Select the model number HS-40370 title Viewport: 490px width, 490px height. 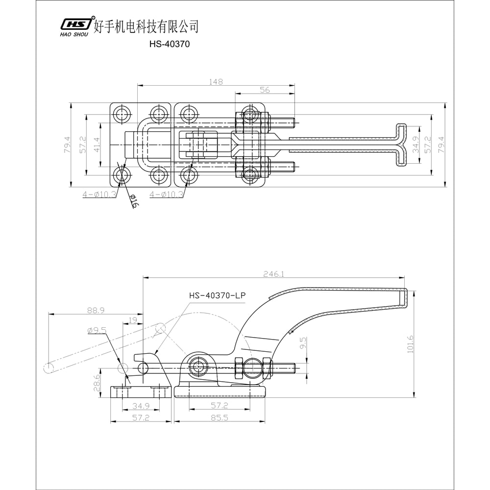(169, 44)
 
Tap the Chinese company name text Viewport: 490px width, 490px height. (146, 25)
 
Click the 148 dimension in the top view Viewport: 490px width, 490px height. (216, 82)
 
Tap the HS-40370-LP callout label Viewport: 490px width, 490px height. (217, 295)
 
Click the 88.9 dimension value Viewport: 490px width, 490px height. (96, 310)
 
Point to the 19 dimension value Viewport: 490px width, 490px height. (133, 320)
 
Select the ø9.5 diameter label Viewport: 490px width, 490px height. (97, 331)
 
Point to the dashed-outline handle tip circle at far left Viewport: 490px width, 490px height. (49, 368)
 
